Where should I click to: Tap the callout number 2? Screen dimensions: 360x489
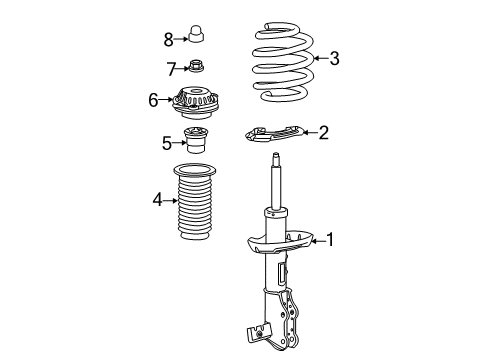[x=323, y=132]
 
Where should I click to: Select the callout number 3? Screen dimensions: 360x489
[x=334, y=59]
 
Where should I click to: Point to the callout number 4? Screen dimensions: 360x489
[x=157, y=200]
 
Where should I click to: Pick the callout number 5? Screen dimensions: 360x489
[x=167, y=143]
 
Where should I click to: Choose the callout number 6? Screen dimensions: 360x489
[x=154, y=100]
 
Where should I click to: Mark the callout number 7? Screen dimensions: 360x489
[x=171, y=68]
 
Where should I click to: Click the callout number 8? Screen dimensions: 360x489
[x=169, y=39]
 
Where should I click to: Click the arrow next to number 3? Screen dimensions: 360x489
[x=319, y=59]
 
